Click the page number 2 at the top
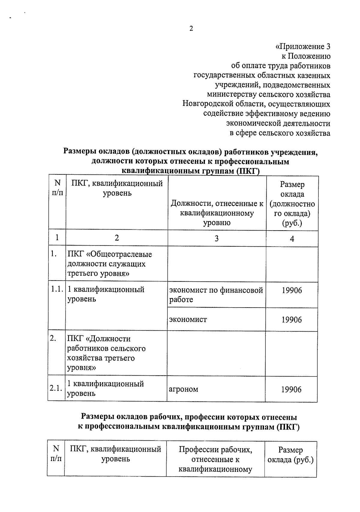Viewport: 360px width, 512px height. click(191, 29)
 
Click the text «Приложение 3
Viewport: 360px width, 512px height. click(303, 47)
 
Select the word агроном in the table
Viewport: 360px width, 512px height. click(184, 389)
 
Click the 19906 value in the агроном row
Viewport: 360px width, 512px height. click(291, 389)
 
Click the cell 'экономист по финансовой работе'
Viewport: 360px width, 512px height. click(216, 295)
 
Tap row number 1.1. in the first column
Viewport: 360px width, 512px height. click(56, 290)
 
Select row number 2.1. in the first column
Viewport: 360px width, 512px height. click(56, 388)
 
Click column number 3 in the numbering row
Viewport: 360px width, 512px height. click(217, 238)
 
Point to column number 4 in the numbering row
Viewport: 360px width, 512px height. click(292, 239)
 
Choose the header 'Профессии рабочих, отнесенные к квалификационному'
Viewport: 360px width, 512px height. click(215, 459)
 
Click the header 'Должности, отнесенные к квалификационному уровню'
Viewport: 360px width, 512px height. click(217, 213)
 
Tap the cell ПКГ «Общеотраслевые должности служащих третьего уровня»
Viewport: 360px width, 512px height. click(110, 264)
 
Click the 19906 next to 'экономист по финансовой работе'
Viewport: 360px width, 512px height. click(292, 290)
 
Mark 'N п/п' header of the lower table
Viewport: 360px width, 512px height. click(56, 454)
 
